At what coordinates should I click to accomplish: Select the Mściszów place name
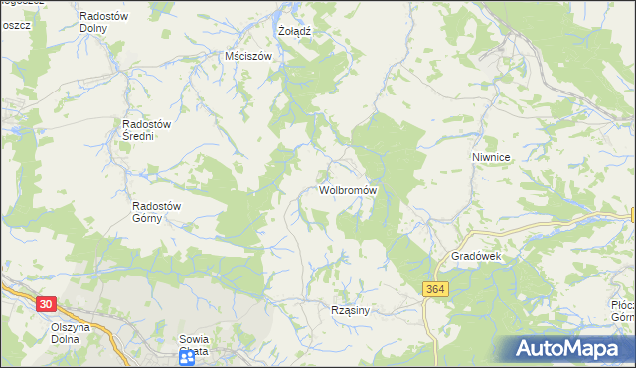[248, 57]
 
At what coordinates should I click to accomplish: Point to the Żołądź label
[294, 31]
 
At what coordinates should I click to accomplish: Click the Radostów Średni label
[146, 130]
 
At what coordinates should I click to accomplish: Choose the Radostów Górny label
[157, 213]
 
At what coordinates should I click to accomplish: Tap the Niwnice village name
[491, 157]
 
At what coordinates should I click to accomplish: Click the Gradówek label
[480, 256]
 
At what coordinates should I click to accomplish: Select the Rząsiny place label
[350, 310]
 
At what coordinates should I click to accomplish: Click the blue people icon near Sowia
[187, 357]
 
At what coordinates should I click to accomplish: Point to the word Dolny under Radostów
[107, 29]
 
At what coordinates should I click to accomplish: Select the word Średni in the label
[138, 136]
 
